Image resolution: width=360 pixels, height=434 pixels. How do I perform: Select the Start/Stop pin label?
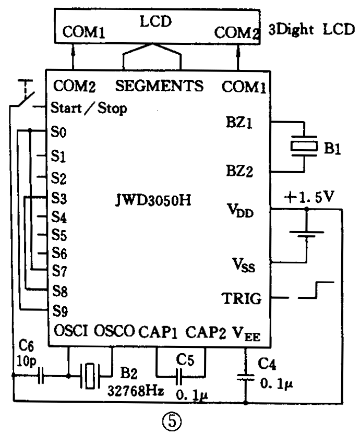pos(89,109)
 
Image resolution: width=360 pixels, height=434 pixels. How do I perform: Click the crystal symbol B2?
pos(92,375)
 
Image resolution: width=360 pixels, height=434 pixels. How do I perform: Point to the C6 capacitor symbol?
pos(41,375)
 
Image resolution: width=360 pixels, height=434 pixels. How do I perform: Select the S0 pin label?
pos(59,131)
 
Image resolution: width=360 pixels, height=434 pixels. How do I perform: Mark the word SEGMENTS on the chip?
pos(159,85)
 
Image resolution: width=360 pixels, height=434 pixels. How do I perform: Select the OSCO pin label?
pos(114,331)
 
